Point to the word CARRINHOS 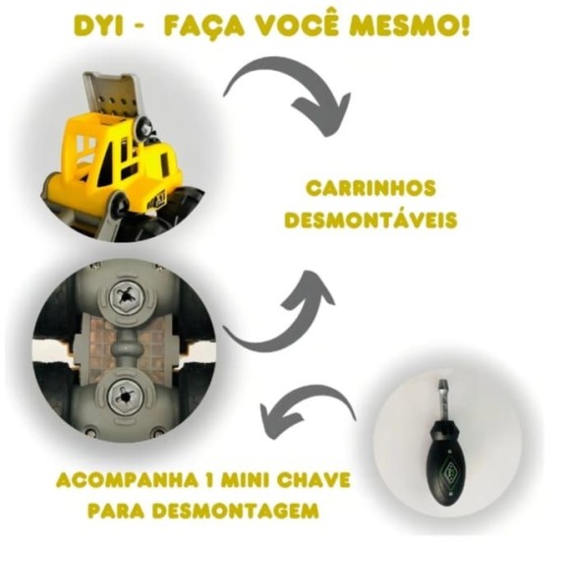(x=370, y=188)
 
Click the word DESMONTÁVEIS (x=370, y=219)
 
